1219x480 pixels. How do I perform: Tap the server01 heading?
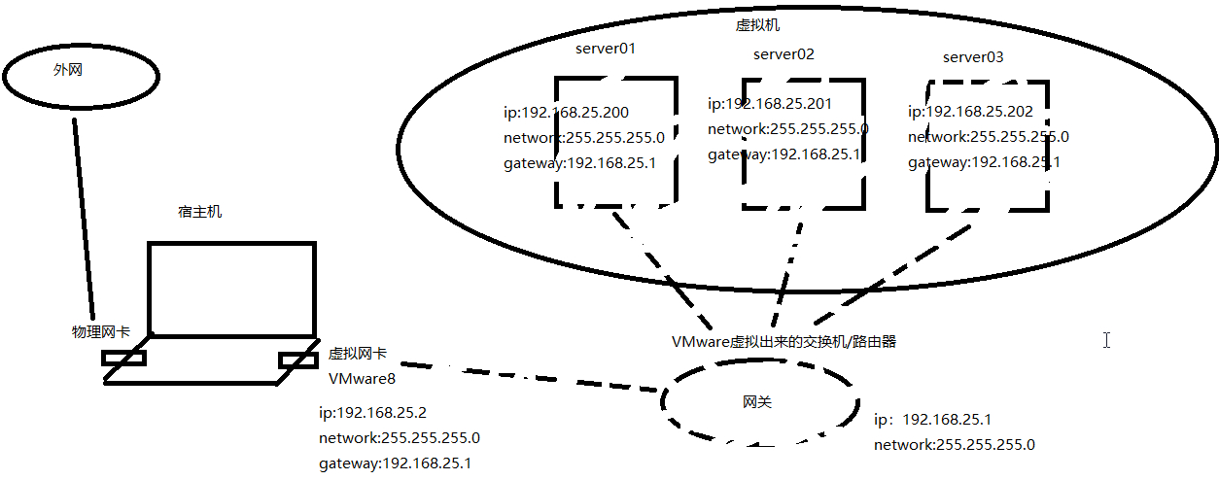[605, 49]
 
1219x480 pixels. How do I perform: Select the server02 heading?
[784, 54]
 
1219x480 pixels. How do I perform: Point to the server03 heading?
[972, 57]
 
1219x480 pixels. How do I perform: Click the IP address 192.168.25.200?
[566, 114]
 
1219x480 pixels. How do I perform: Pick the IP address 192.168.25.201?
[770, 104]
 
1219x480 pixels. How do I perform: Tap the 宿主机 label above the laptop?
[199, 211]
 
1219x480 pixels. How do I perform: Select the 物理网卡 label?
[101, 331]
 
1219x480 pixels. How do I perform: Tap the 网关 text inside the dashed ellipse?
[757, 402]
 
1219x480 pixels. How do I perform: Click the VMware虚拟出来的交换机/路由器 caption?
[784, 342]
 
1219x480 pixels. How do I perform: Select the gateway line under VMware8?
[396, 463]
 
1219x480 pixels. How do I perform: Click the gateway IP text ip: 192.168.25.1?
[932, 420]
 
